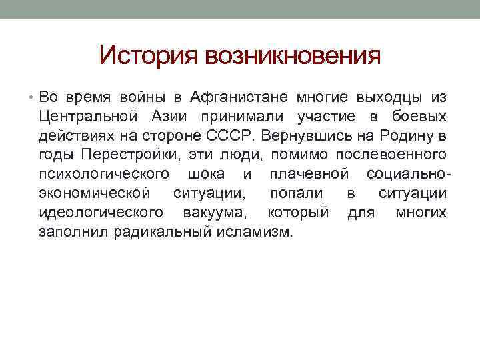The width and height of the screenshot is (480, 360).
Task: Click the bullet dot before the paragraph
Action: point(33,98)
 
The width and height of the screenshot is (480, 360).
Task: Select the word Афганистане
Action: point(238,97)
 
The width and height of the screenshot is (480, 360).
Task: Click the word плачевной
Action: point(309,175)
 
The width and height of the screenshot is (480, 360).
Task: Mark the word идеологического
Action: point(101,213)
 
